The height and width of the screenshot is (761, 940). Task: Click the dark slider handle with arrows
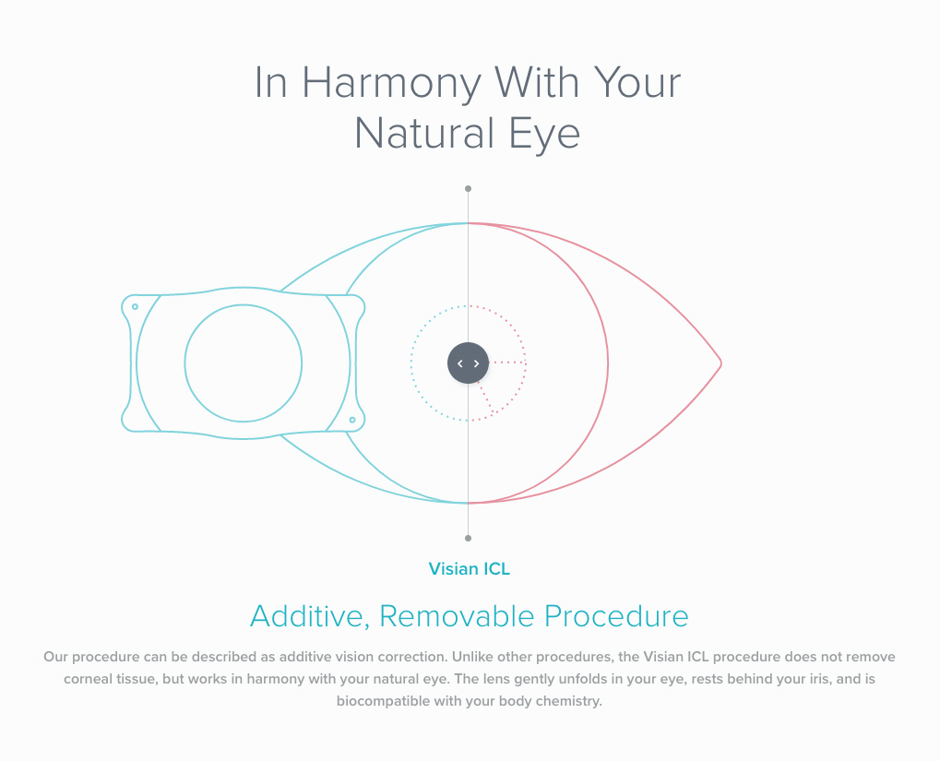(469, 363)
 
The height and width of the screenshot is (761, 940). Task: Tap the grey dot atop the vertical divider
(469, 188)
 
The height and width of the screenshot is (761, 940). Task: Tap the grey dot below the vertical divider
(469, 538)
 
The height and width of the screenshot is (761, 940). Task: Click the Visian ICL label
(470, 568)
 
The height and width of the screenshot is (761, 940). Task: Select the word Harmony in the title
(391, 84)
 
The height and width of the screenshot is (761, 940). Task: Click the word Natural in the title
(427, 133)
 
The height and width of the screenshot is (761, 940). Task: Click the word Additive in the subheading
(310, 616)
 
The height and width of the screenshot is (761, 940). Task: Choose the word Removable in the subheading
(457, 616)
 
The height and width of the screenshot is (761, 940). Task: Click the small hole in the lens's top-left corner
(135, 306)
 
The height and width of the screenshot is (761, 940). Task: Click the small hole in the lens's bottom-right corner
(352, 420)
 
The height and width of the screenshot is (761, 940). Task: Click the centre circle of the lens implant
(244, 304)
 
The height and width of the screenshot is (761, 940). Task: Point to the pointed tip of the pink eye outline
(721, 363)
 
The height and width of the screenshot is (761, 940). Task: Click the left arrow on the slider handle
(459, 363)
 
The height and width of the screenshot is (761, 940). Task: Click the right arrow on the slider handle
(477, 363)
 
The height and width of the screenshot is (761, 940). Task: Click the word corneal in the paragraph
(89, 679)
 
